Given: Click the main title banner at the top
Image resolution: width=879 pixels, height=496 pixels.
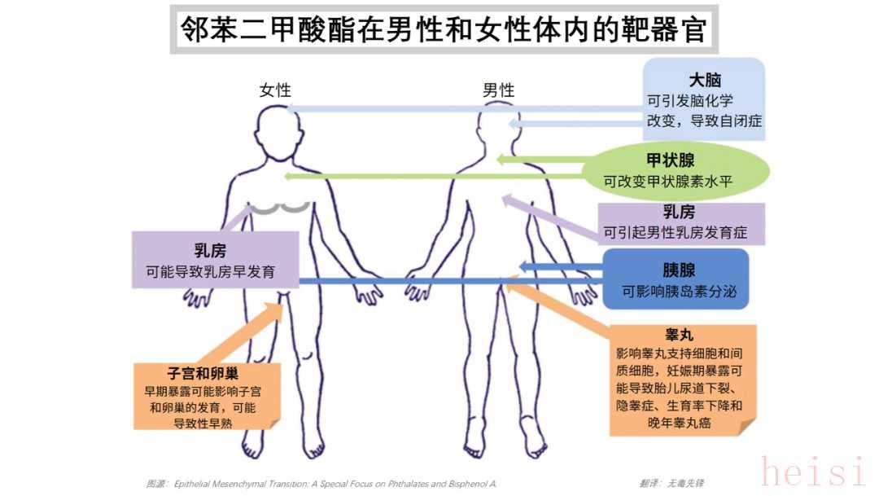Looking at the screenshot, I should pyautogui.click(x=444, y=30).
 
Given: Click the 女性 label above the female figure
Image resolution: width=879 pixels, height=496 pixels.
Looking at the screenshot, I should pyautogui.click(x=275, y=90).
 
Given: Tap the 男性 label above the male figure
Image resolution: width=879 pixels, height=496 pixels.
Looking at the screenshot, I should pyautogui.click(x=499, y=90).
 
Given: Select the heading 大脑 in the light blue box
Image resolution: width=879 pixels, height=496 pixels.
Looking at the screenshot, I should pyautogui.click(x=705, y=80).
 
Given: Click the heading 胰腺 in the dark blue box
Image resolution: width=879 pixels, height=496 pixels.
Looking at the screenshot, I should pyautogui.click(x=678, y=270).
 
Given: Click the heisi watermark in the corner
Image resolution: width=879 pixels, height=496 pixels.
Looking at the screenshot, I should pyautogui.click(x=814, y=472).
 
